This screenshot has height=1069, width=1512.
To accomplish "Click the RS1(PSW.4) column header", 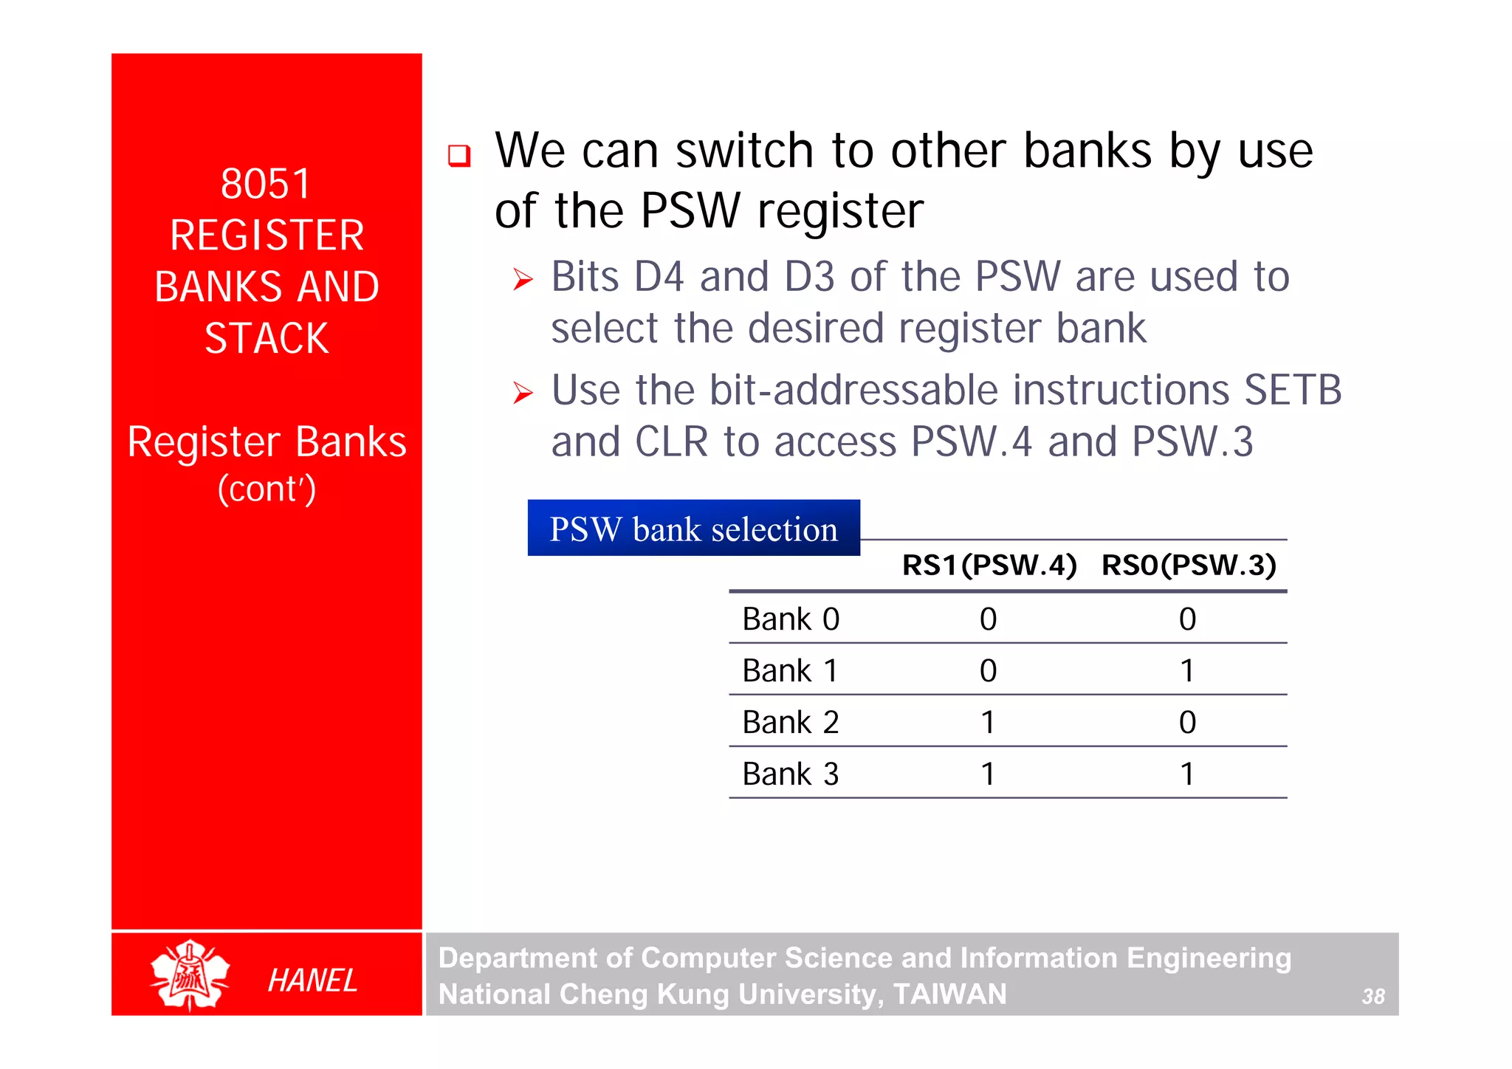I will (989, 566).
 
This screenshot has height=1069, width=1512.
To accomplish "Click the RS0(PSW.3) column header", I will (1189, 566).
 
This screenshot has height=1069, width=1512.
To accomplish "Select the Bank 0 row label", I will (791, 619).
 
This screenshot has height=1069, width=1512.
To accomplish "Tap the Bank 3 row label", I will (791, 774).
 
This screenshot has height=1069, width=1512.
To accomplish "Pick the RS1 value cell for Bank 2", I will (988, 722).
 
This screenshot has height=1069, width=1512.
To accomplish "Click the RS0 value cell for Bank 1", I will (1187, 671).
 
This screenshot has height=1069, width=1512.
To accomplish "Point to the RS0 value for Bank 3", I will (1187, 774).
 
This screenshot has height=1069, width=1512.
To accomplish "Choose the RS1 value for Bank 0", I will (988, 619).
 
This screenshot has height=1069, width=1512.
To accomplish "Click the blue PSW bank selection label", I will (693, 529).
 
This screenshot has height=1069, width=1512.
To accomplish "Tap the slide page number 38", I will (1372, 997).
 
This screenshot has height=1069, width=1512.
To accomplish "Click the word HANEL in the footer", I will (312, 980).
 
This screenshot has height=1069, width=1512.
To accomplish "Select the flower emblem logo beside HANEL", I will (190, 975).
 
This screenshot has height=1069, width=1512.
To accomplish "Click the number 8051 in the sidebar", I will (266, 184).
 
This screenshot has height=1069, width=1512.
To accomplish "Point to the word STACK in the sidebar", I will (267, 339).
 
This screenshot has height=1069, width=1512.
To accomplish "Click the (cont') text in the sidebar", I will (267, 489).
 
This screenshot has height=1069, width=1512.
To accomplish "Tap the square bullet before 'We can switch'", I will (459, 155).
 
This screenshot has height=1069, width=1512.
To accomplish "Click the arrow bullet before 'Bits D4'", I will (523, 279).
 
